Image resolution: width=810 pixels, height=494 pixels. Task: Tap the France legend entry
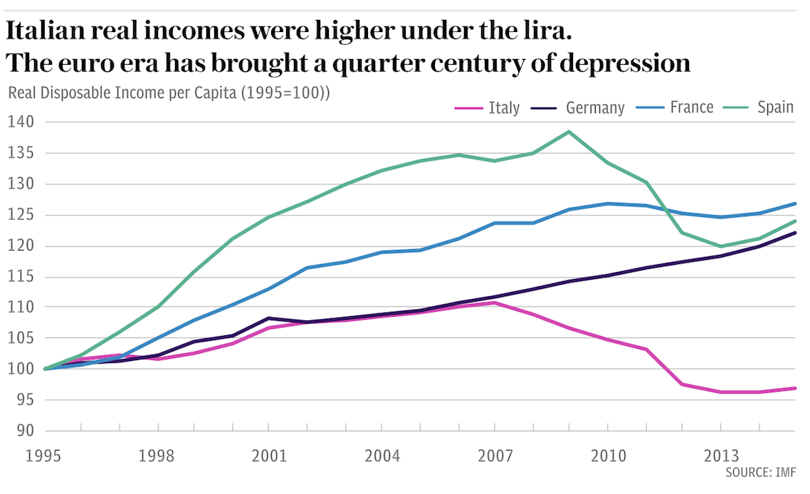691,107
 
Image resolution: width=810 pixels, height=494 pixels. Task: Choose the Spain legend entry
775,107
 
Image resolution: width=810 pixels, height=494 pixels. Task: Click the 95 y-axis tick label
22,400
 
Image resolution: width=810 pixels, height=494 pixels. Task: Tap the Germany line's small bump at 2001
268,318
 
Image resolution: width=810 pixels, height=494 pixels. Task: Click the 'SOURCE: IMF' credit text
760,473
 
